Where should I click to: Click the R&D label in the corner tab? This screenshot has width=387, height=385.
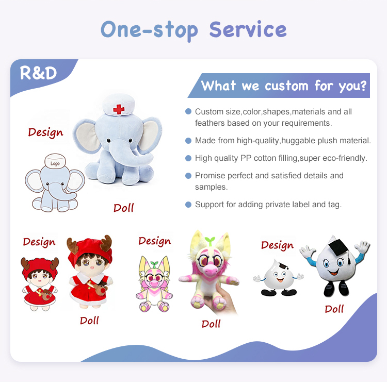(x=38, y=73)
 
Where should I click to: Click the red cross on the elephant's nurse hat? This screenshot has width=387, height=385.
(x=119, y=109)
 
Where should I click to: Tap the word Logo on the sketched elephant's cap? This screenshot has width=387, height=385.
(x=55, y=163)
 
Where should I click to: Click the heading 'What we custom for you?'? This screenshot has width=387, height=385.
(x=284, y=85)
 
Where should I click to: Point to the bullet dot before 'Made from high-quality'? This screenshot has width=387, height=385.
(x=188, y=141)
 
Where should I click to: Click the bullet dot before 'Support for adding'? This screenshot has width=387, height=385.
(x=188, y=205)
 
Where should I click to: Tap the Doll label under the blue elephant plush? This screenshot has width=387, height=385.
(x=123, y=208)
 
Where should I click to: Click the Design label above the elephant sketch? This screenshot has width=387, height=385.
(x=45, y=132)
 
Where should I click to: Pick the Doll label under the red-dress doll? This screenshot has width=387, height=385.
(x=89, y=321)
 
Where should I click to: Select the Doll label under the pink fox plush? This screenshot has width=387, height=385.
(x=211, y=324)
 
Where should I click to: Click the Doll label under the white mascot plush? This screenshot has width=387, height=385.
(x=334, y=309)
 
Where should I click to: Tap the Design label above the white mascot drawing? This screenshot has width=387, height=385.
(x=277, y=245)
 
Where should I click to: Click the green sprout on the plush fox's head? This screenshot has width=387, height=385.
(x=209, y=241)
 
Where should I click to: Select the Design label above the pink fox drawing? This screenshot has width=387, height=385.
(x=154, y=241)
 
